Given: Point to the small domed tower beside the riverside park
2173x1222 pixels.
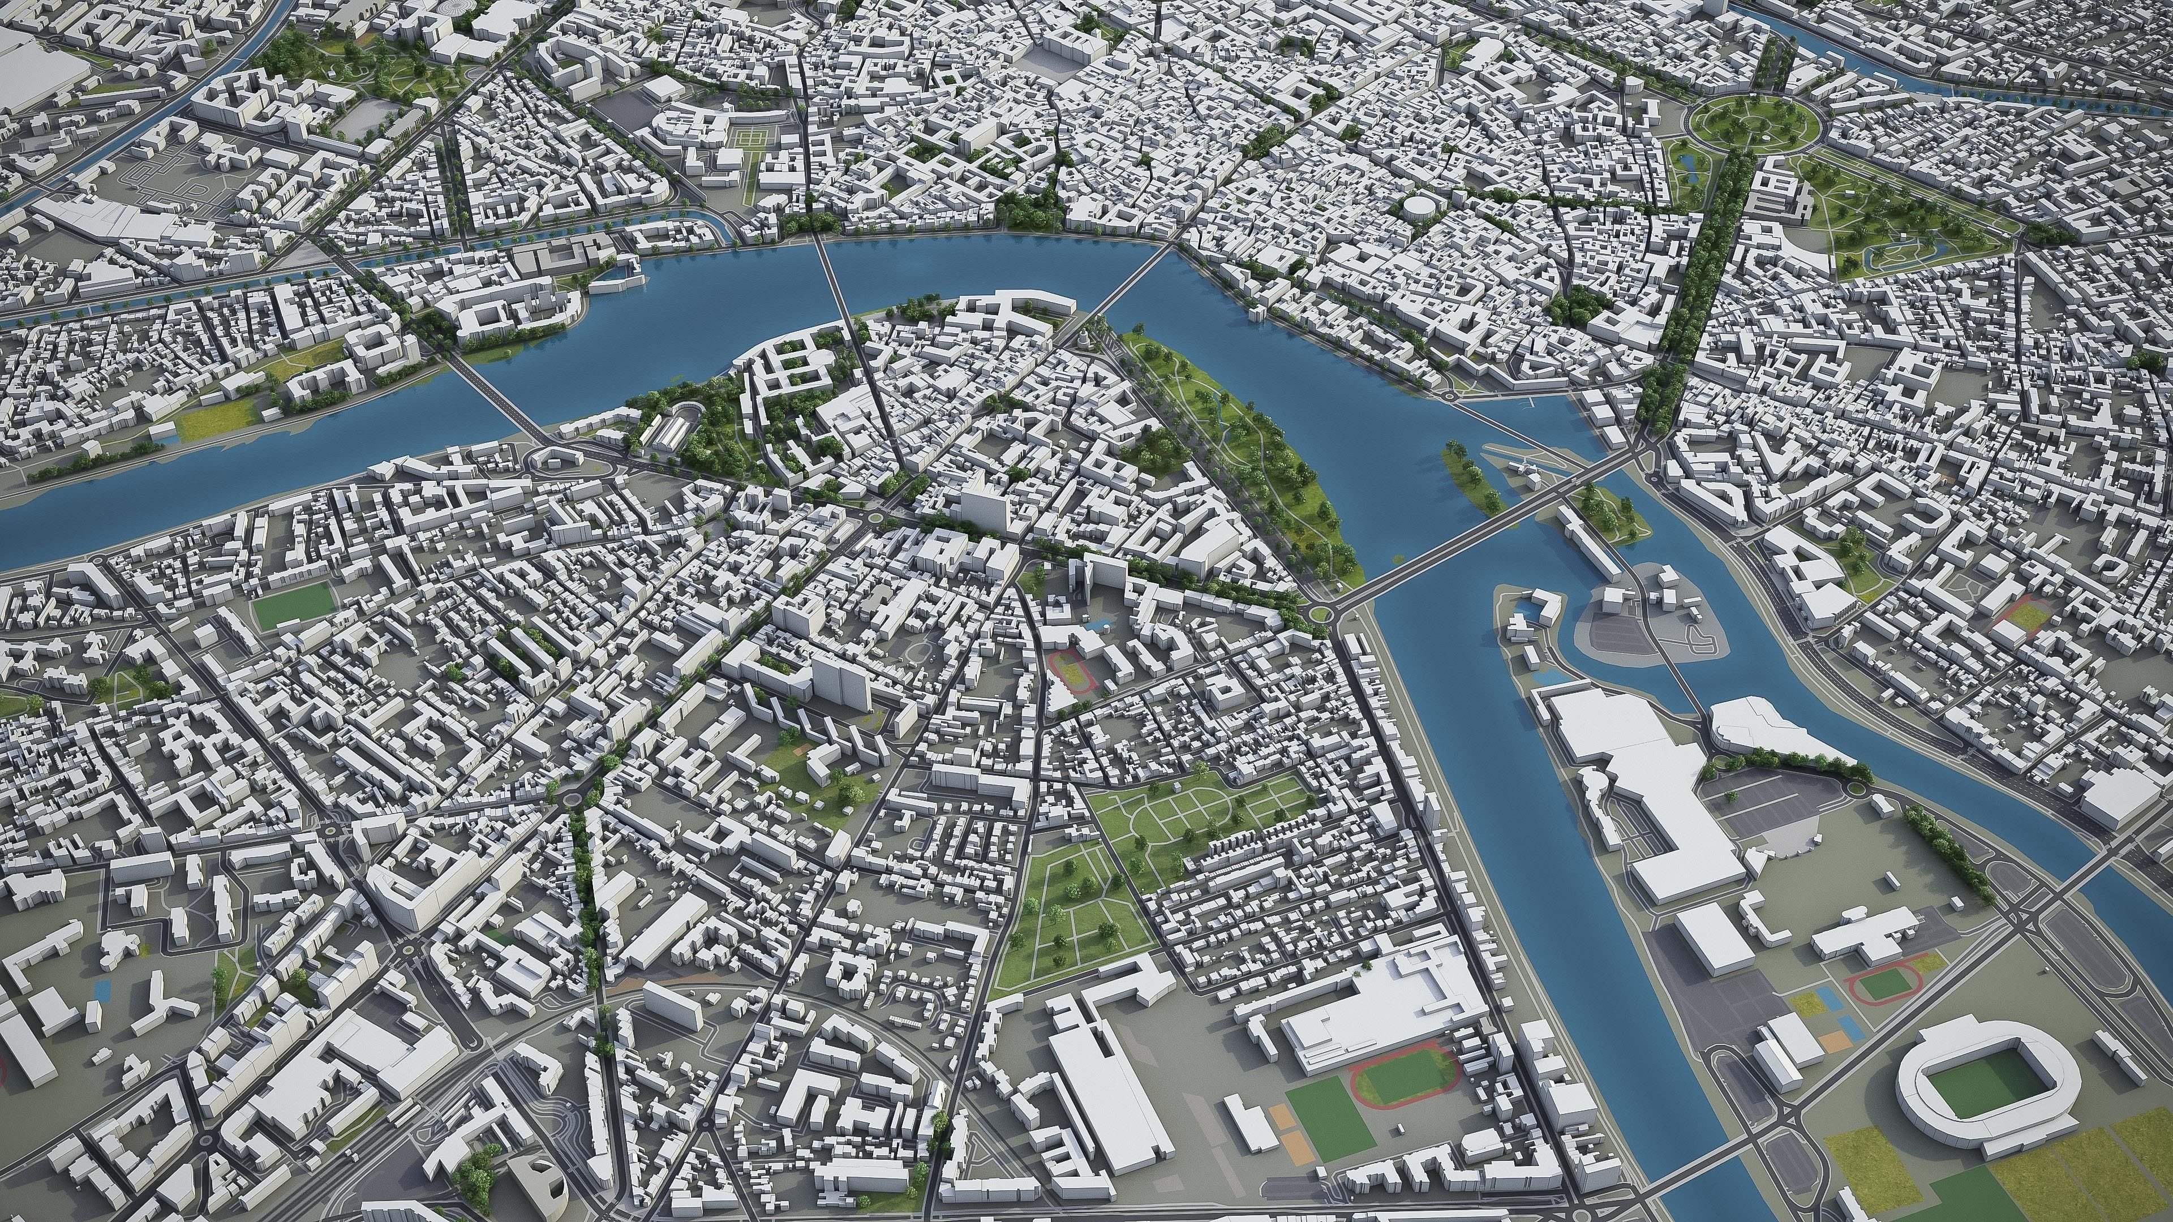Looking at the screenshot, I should (1083, 337).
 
